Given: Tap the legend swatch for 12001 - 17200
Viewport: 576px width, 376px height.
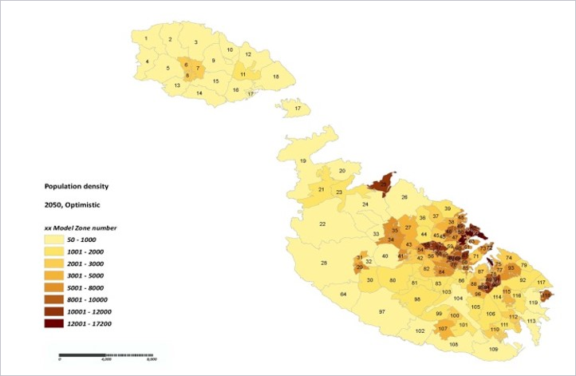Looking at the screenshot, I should [57, 323].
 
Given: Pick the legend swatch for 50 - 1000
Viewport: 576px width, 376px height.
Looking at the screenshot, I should [57, 239].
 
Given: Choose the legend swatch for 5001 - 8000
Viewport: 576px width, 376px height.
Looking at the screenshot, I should [57, 287].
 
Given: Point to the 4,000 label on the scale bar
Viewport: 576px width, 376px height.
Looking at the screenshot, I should [105, 359].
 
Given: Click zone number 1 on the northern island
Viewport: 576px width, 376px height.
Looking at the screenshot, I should [146, 38].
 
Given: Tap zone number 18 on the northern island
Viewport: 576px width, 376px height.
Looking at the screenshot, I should [276, 77].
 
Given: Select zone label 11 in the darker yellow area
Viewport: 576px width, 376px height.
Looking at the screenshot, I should [243, 74].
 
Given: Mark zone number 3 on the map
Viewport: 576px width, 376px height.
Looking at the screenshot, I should [195, 42].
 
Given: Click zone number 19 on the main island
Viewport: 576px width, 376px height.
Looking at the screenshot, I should [302, 161].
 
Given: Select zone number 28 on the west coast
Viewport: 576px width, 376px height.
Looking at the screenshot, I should [324, 263].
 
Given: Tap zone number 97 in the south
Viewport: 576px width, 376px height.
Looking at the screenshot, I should [382, 311].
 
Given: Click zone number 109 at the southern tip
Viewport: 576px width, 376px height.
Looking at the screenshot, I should [493, 350].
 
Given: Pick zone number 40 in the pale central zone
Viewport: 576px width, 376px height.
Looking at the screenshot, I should [385, 256].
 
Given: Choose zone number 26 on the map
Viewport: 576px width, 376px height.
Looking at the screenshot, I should [404, 196].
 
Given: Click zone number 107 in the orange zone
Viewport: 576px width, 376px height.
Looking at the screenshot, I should [443, 329].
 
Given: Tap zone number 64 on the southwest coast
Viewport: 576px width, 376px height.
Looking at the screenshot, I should [343, 295].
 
